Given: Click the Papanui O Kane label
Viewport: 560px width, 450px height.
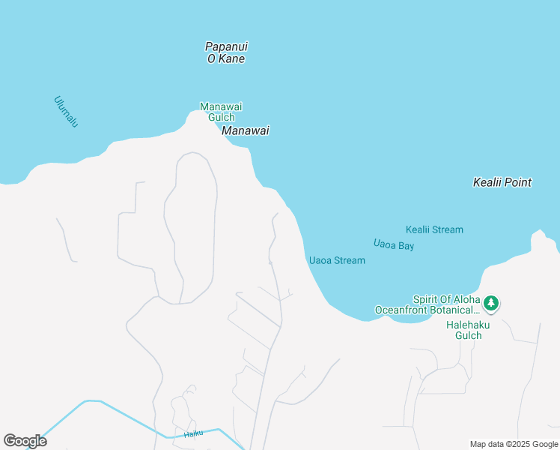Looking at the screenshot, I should tap(225, 52).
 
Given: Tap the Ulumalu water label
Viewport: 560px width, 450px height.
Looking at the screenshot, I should tap(66, 111).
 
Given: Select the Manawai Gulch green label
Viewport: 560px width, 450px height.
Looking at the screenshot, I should tap(221, 112).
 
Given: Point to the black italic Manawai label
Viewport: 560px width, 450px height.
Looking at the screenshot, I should tap(245, 130).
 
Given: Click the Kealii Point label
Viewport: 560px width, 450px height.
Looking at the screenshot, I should tap(502, 182).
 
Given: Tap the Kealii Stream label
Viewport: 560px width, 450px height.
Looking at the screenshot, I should tap(434, 229).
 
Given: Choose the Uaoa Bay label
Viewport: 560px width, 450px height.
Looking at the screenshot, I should tap(394, 244).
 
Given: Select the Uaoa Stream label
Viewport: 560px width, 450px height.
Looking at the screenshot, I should tap(337, 260).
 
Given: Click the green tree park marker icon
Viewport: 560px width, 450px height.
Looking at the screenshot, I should tap(491, 304).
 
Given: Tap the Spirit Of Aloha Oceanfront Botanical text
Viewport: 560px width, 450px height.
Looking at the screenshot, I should tap(427, 304).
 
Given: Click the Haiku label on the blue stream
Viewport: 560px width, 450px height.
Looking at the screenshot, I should tap(194, 433).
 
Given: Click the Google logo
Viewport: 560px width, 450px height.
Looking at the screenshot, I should tap(25, 441).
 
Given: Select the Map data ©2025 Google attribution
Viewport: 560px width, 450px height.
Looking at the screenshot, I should tap(514, 444).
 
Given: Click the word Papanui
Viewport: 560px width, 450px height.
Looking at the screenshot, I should tap(226, 46).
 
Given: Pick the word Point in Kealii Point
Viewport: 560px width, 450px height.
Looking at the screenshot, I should tap(517, 182).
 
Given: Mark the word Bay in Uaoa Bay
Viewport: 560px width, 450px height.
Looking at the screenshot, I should tap(406, 246).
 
